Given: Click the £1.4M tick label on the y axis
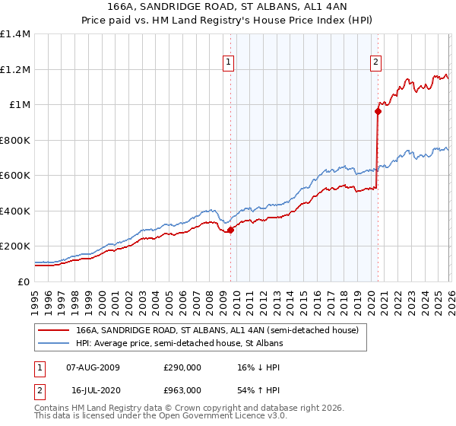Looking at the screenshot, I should (14, 34).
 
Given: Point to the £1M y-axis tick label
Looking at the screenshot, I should (19, 105).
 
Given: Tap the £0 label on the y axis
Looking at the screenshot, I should (24, 281).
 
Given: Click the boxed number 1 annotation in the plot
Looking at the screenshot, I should (230, 63).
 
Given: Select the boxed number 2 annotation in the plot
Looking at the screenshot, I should (376, 63).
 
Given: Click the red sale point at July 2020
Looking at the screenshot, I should (377, 111).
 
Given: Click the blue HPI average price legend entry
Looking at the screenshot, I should (179, 343).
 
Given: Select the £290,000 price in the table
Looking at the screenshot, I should (181, 367).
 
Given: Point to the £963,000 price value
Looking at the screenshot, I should (181, 389).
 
